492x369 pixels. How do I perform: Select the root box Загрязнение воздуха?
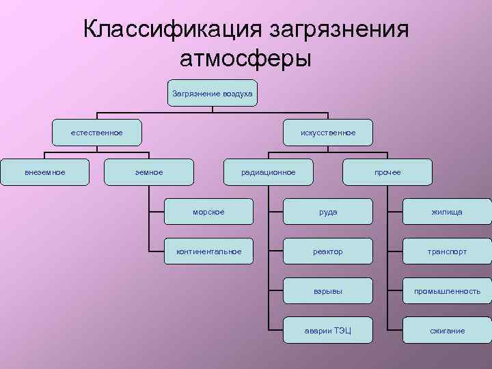(x=213, y=93)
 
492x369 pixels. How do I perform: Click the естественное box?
(x=97, y=133)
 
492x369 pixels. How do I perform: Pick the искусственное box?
(x=328, y=133)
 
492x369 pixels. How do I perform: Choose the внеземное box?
(x=45, y=172)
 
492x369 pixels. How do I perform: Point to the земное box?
(x=149, y=172)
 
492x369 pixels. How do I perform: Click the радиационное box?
(x=269, y=172)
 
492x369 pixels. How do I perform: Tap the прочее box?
(x=387, y=172)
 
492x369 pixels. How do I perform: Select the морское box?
(x=208, y=212)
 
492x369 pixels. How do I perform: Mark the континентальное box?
(x=208, y=251)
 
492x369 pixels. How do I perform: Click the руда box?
(x=328, y=212)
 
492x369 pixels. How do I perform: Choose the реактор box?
(x=328, y=251)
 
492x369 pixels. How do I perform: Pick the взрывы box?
(x=328, y=291)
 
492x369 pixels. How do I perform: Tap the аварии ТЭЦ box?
(x=328, y=331)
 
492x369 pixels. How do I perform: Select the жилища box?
(x=447, y=212)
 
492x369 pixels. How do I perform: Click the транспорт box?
(x=447, y=251)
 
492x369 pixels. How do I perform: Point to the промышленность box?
(x=447, y=291)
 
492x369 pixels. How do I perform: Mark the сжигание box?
(x=447, y=331)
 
